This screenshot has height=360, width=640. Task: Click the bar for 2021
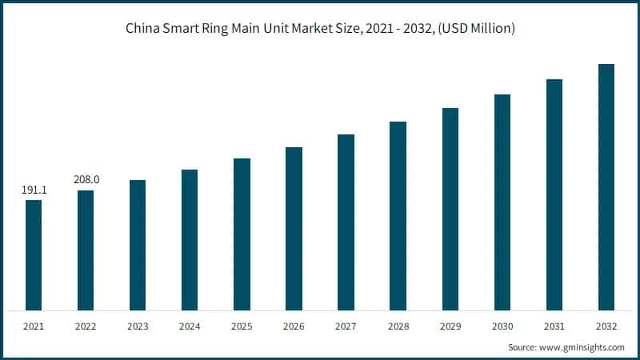34,254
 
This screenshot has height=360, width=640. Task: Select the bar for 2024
190,239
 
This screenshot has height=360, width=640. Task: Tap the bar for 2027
346,222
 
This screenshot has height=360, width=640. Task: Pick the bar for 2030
502,202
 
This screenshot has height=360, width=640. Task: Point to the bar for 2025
242,234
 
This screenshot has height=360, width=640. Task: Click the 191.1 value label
34,190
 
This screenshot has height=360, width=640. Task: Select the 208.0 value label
86,180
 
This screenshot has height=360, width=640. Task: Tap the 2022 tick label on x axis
86,326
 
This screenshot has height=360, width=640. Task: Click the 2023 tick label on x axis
138,326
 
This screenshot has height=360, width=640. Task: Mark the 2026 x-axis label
294,326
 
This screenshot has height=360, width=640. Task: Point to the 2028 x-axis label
398,326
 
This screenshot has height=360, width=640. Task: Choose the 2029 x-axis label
450,326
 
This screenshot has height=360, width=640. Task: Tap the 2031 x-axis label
554,326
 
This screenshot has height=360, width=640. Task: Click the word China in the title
142,28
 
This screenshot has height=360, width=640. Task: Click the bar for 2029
450,209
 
